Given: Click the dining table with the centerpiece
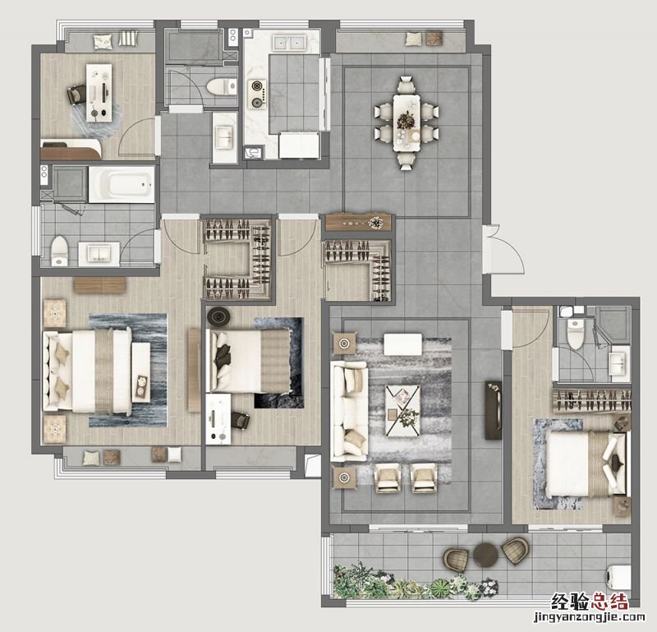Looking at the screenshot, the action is (407, 123).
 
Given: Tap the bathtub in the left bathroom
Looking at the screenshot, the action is (122, 185).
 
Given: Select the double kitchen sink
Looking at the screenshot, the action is (289, 43).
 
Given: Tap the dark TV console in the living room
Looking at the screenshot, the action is (494, 410).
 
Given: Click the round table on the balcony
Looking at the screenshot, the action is (485, 555).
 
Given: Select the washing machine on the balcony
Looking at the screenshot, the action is (619, 577).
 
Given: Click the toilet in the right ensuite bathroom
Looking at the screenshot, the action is (576, 333).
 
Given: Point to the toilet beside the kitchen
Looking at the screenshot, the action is (222, 87).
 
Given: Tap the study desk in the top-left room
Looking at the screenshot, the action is (99, 93).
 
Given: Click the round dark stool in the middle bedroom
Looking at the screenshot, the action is (218, 316).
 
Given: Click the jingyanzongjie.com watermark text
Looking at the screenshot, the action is (589, 617).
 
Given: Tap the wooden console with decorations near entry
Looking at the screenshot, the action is (358, 222).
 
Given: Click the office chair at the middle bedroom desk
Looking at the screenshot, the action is (240, 420).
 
